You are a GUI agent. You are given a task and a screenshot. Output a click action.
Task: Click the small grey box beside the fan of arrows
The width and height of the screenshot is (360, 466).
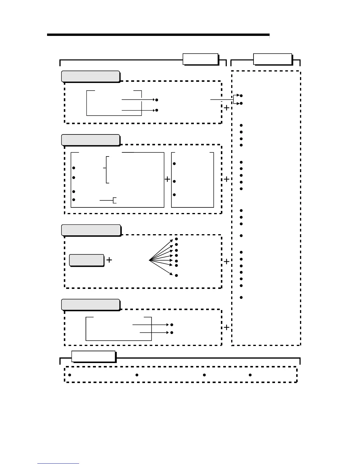pos(86,260)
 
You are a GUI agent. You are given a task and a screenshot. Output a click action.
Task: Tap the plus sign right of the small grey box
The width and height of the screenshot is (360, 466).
pos(109,260)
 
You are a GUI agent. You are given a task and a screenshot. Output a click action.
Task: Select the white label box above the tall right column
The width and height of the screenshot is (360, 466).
pos(273,59)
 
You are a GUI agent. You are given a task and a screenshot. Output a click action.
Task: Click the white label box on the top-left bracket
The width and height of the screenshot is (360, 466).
pos(200,59)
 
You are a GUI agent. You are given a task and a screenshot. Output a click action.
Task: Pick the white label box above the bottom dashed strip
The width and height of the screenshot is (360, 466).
pos(93,357)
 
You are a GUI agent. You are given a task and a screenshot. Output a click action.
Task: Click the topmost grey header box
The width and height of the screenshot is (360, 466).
pos(90,76)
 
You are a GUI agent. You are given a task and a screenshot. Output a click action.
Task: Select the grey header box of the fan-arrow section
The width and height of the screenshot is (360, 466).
pos(91,230)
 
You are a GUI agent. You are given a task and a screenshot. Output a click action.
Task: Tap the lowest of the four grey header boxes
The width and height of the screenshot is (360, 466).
pos(90,305)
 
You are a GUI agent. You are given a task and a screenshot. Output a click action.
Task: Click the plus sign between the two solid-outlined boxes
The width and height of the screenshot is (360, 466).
pos(167,179)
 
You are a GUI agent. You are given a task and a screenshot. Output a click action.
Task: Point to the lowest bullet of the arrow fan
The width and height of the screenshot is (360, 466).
pos(176,275)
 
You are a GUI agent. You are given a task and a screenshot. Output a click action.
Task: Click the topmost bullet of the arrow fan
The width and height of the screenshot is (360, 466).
pos(176,239)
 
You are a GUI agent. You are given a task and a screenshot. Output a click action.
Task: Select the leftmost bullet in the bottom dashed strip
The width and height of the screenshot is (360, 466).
pos(70,375)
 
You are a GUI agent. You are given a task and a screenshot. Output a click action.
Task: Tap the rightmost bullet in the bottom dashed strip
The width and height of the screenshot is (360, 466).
pos(250,375)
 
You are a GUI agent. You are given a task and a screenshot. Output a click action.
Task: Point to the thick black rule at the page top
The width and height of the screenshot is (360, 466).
pos(158,35)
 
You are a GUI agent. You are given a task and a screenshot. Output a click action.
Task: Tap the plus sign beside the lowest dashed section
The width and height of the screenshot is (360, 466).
pos(226,327)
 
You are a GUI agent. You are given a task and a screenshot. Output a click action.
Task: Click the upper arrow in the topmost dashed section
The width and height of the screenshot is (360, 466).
pos(138,100)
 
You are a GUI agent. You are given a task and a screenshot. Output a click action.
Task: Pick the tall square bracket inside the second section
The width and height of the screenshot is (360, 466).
pos(107,170)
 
